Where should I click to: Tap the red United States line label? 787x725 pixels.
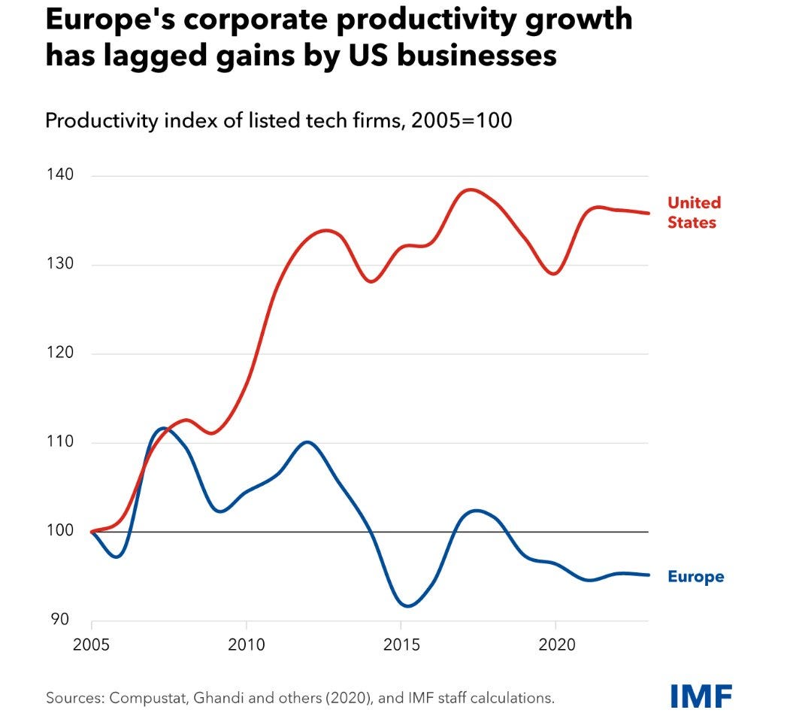click(694, 213)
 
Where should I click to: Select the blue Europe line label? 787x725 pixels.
click(695, 577)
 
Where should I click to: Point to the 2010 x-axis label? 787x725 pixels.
click(247, 645)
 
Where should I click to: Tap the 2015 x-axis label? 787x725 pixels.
click(401, 645)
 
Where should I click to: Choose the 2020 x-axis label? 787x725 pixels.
click(555, 645)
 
